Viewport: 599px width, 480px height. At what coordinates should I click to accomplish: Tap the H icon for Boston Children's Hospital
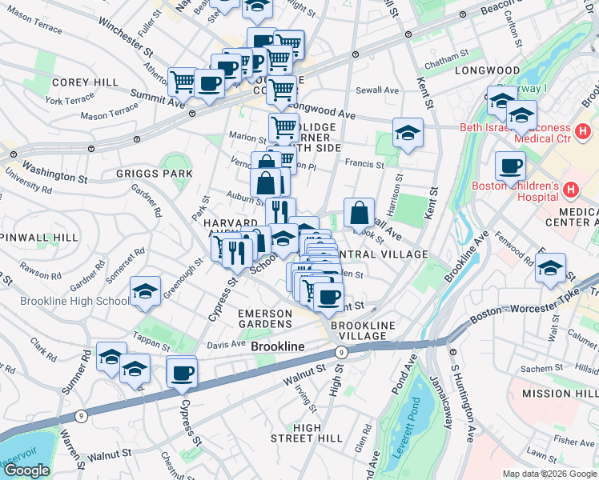[x=570, y=190]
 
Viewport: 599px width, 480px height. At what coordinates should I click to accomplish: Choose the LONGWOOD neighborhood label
[x=487, y=70]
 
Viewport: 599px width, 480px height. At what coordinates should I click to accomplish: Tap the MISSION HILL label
[x=558, y=394]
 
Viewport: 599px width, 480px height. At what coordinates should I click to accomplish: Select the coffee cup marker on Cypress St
[x=182, y=372]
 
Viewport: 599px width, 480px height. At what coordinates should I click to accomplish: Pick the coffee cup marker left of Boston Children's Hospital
[x=510, y=167]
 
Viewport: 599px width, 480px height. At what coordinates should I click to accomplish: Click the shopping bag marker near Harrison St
[x=360, y=213]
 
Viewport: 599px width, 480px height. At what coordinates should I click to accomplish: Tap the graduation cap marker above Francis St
[x=407, y=134]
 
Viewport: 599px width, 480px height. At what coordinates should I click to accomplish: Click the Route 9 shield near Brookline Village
[x=342, y=351]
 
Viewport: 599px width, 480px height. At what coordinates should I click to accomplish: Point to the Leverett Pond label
[x=418, y=415]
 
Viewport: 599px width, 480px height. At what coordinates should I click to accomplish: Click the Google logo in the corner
[x=27, y=470]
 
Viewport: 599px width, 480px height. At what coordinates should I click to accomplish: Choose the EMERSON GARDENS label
[x=264, y=318]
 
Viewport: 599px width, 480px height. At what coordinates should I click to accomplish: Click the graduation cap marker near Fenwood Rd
[x=551, y=268]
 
